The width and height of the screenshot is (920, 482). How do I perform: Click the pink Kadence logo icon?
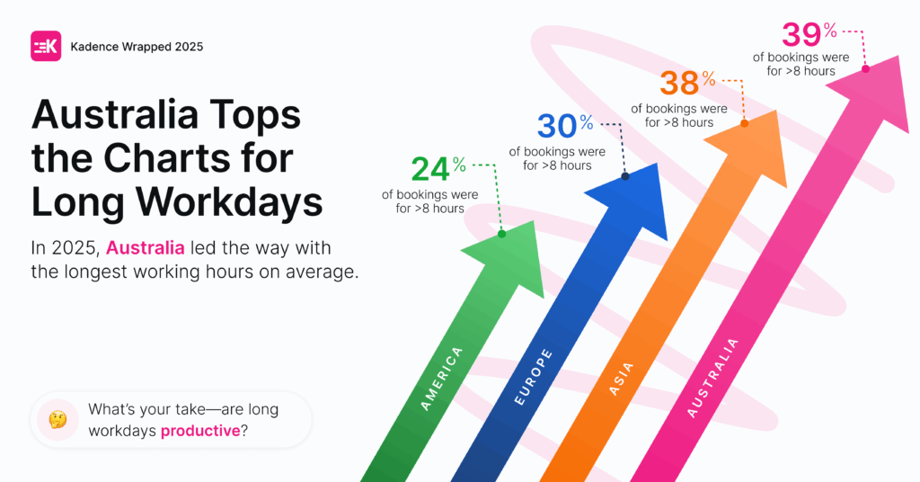coord(46,47)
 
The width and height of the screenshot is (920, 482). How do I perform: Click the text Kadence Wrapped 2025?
coord(137,47)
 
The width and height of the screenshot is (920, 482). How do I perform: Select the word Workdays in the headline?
coord(229,201)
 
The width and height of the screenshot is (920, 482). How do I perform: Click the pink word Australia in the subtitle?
coord(146,248)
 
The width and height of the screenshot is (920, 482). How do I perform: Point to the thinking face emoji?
coord(57,420)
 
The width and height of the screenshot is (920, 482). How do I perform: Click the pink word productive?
coord(200,431)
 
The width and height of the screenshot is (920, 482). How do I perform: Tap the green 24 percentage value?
coord(438,168)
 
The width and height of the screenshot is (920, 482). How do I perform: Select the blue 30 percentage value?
coord(565,125)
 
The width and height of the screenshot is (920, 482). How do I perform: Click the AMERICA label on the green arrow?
coord(442,379)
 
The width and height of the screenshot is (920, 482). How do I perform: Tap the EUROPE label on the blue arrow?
coord(534,377)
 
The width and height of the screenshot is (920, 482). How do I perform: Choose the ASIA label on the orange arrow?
coord(622,379)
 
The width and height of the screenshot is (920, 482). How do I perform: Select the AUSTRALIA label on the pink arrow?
coord(712,378)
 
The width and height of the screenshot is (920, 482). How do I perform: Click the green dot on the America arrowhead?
coord(501,234)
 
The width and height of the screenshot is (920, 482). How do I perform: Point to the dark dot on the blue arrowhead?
coord(625,176)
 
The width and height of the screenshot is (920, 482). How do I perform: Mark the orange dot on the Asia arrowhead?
coord(745,123)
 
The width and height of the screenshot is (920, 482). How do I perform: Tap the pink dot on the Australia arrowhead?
coord(865,68)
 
